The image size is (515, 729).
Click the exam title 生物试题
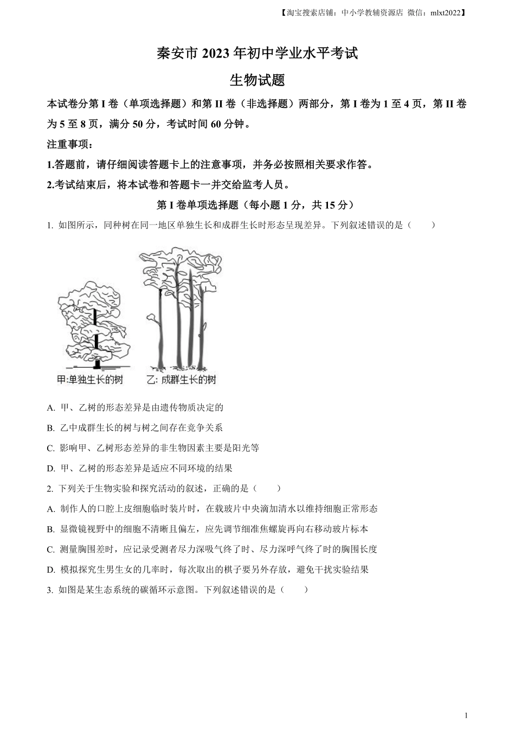click(257, 80)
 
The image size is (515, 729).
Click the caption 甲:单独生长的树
click(90, 380)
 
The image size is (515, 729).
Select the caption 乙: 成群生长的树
click(181, 380)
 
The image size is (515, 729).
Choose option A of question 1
click(135, 407)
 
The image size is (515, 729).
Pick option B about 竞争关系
click(135, 427)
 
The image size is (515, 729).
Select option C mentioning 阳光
click(153, 448)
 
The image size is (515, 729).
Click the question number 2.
click(50, 489)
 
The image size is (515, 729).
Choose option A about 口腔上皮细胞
click(212, 509)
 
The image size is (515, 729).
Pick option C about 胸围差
click(212, 549)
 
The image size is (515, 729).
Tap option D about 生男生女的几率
click(208, 570)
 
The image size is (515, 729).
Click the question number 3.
click(50, 590)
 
